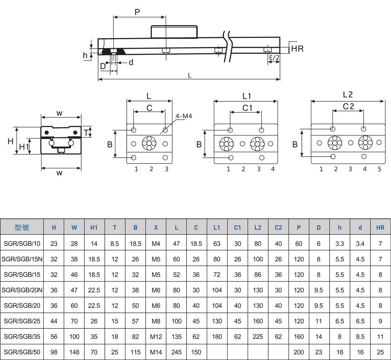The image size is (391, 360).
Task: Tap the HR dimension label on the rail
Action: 298,49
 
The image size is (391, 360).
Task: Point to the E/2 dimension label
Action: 274,58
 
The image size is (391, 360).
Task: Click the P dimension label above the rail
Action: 137,12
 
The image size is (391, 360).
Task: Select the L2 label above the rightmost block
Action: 348,94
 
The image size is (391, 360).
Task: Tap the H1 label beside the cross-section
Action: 24,147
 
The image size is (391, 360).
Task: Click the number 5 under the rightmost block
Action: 379,169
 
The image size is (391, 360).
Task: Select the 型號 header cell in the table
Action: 22,227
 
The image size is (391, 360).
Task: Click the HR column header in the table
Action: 380,227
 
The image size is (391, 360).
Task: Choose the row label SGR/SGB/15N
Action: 22,259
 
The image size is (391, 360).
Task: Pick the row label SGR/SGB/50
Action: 22,352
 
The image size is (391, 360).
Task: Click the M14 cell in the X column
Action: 156,352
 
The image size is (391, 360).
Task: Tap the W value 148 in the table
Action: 74,352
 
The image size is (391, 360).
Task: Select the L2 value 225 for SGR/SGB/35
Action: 258,337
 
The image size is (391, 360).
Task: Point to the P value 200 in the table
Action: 299,352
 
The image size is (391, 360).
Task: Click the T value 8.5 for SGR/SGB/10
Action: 115,243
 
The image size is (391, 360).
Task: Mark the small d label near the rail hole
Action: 131,62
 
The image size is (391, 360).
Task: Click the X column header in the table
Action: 156,227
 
